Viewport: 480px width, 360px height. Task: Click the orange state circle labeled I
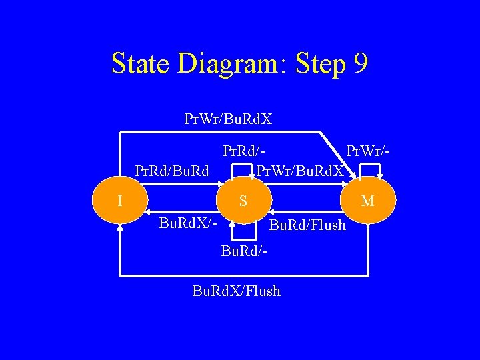119,200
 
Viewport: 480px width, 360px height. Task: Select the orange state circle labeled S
243,200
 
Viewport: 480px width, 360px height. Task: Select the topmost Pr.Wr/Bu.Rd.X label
228,119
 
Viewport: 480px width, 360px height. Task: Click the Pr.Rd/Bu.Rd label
172,171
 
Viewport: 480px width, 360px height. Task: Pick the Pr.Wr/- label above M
365,154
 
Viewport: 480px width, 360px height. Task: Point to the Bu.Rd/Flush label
307,225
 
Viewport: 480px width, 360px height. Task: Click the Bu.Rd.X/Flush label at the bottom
236,291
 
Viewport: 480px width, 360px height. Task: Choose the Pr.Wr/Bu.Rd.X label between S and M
301,171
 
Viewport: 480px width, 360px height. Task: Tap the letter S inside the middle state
243,200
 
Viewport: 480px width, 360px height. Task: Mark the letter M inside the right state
368,200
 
